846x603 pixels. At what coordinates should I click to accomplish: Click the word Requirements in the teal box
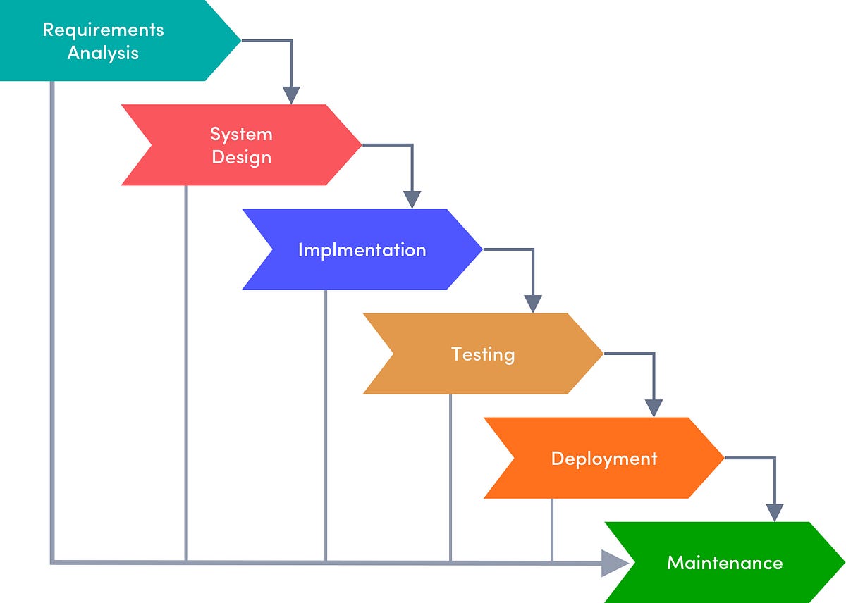click(103, 30)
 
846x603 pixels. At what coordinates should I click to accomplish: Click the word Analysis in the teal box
click(103, 53)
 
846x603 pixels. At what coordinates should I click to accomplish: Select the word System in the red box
click(241, 134)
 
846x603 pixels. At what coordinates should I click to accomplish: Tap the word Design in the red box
click(241, 156)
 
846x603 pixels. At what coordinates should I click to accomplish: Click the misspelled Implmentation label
click(362, 250)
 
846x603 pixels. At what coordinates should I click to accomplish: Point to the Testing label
click(483, 354)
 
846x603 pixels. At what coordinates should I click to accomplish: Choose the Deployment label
click(604, 459)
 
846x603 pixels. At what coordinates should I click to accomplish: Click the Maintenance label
click(725, 563)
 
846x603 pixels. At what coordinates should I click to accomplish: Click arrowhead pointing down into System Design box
click(291, 95)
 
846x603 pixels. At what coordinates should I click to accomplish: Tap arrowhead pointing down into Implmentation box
click(412, 199)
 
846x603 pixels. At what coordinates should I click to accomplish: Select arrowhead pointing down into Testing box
click(533, 304)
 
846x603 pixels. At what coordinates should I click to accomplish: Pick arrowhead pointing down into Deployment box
click(654, 408)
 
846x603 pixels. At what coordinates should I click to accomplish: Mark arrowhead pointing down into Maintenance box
click(775, 513)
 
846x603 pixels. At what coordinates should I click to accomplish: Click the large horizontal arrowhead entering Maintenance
click(615, 563)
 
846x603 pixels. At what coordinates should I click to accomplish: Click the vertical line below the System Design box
click(185, 373)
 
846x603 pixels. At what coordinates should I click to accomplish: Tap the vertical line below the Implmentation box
click(326, 423)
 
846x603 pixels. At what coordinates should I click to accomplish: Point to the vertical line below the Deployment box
click(552, 528)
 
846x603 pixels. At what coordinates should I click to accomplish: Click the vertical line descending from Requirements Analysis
click(51, 317)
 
